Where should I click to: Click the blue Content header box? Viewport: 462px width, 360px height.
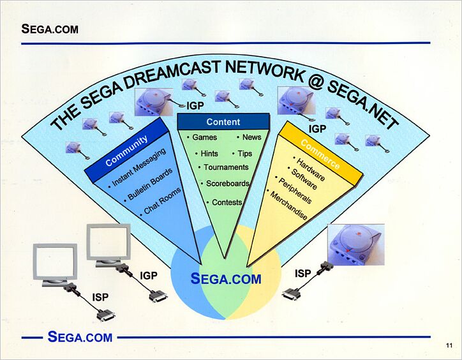point(223,121)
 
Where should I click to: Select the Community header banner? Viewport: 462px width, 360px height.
point(127,150)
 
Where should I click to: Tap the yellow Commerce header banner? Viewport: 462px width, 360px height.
point(320,154)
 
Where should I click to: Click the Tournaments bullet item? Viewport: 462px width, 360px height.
point(223,167)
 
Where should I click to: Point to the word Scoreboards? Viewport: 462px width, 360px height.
point(228,183)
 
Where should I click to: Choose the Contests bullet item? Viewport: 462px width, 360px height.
point(224,202)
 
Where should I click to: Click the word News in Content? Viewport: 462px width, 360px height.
point(249,137)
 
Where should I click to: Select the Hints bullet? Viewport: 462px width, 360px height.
point(207,153)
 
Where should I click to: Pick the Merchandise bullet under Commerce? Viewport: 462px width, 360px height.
point(288,206)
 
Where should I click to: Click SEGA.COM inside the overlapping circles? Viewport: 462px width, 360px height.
point(226,279)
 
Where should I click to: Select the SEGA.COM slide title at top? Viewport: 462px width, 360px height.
point(50,29)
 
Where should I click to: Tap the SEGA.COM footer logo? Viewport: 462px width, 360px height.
point(80,337)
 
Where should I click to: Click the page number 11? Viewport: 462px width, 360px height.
point(449,345)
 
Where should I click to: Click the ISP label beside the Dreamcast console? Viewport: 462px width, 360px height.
point(303,273)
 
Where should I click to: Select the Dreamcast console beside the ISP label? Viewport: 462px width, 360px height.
point(356,244)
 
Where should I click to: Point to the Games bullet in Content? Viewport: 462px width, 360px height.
point(202,137)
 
